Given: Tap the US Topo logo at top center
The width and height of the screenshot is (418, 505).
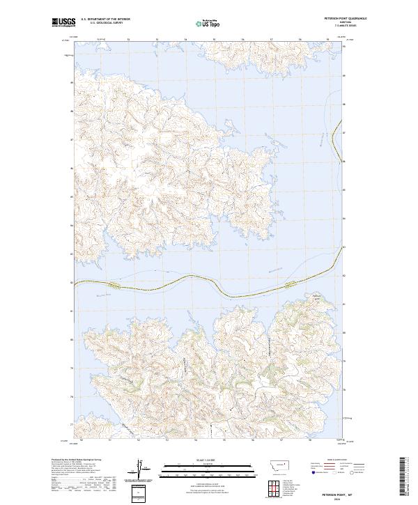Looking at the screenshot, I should coord(207,24).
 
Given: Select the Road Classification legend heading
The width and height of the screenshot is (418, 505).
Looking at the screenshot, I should coord(338,460).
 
